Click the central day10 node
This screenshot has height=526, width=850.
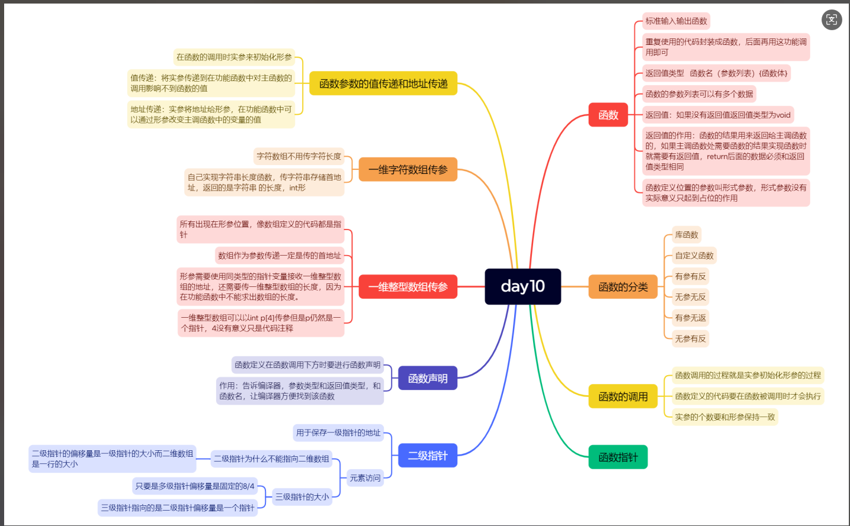[522, 286]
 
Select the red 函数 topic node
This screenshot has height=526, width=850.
[608, 115]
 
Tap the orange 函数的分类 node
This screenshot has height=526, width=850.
[623, 287]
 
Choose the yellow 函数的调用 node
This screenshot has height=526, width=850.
[623, 396]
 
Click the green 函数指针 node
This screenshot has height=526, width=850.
[618, 457]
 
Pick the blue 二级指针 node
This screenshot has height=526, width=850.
[427, 456]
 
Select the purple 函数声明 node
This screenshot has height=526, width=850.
[427, 378]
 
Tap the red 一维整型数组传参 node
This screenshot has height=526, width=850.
[408, 287]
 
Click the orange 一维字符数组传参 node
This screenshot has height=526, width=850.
[408, 170]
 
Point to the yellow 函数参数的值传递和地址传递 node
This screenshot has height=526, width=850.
[383, 83]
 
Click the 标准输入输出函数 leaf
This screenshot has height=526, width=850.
[676, 21]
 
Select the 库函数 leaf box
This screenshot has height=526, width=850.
[687, 235]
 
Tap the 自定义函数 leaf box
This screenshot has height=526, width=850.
[694, 256]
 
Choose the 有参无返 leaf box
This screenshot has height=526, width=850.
[690, 318]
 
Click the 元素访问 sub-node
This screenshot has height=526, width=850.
[365, 478]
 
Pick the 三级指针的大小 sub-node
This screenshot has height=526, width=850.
[301, 497]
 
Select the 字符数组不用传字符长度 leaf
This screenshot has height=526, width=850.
[299, 156]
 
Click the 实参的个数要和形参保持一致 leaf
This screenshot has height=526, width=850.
[724, 417]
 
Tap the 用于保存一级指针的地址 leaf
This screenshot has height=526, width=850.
[338, 433]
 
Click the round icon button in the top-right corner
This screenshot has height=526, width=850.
[832, 20]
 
